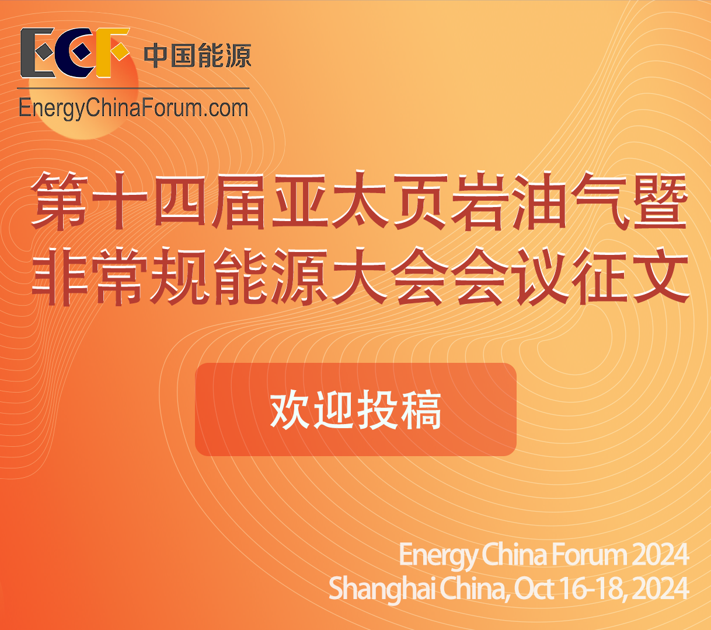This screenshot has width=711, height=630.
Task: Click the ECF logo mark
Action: click(75, 52)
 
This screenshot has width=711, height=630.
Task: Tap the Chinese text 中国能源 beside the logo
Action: click(197, 55)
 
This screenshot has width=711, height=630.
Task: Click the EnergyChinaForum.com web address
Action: click(133, 108)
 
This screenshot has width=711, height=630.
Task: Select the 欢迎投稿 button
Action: click(355, 409)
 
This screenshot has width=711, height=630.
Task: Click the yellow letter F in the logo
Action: click(111, 52)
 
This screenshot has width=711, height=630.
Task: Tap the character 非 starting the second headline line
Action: click(60, 276)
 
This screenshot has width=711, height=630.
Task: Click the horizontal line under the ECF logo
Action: click(133, 88)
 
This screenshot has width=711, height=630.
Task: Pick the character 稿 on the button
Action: click(421, 409)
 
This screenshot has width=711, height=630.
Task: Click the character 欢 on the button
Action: click(290, 409)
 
